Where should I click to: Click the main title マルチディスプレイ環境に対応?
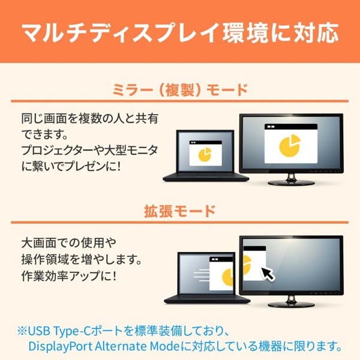tap(180, 31)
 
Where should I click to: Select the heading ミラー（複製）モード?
tap(180, 91)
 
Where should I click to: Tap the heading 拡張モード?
tap(180, 211)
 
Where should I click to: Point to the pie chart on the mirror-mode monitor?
tap(292, 144)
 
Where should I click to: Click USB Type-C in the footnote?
tap(58, 331)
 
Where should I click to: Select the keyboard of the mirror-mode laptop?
tap(206, 176)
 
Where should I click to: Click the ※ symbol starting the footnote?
tap(22, 331)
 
